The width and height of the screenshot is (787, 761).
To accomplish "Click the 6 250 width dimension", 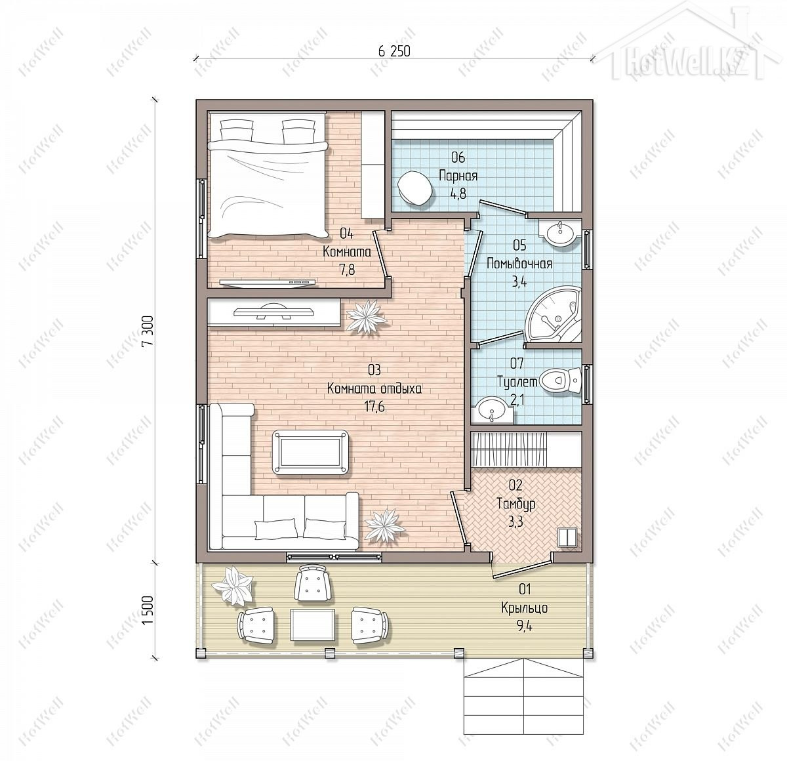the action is tap(394, 51).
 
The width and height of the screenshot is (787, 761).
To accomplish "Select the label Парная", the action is tap(458, 176).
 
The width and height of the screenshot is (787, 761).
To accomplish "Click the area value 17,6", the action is tap(374, 407).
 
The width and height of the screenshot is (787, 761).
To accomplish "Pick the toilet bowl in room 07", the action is tap(560, 380).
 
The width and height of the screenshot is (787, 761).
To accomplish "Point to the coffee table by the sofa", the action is tap(311, 452).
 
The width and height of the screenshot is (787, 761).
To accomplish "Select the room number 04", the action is tap(346, 234).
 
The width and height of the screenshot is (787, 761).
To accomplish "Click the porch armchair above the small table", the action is tap(313, 585).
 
